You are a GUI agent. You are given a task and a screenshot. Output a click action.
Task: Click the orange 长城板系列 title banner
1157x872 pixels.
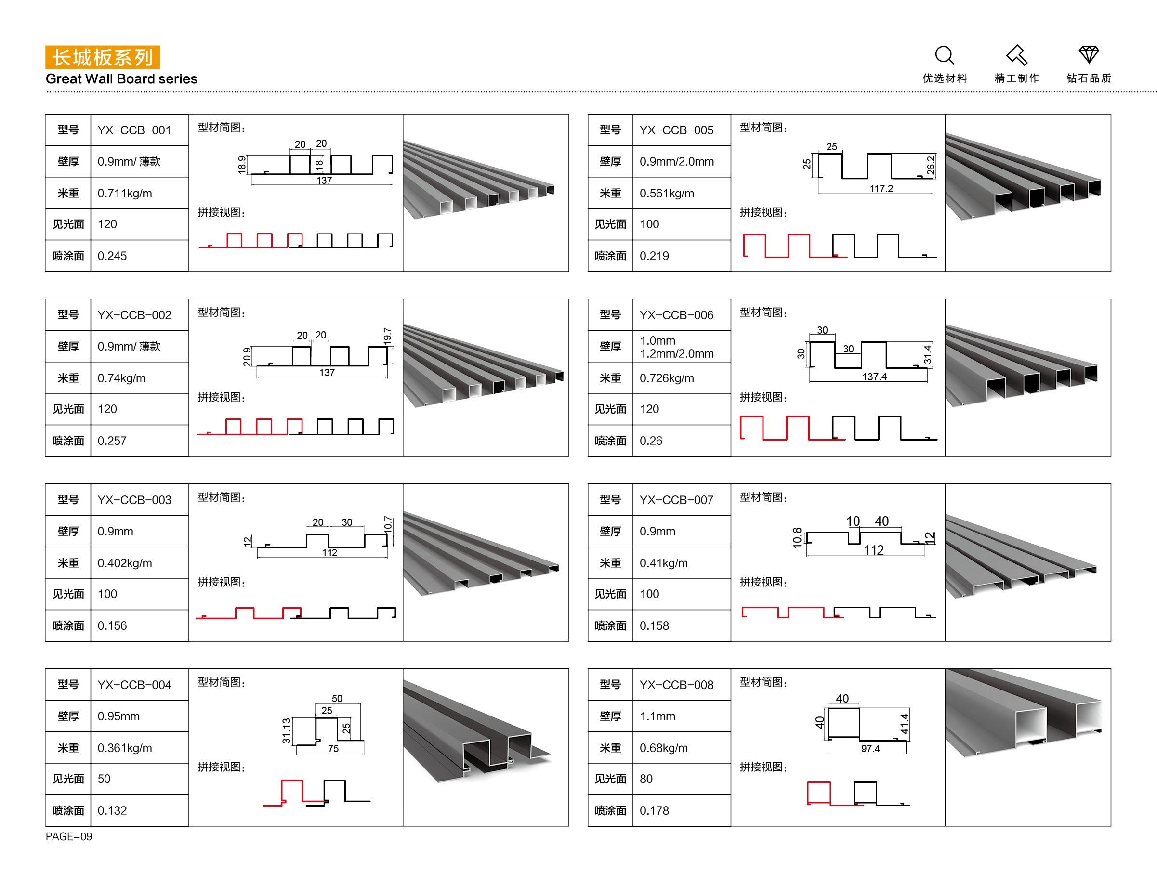[103, 57]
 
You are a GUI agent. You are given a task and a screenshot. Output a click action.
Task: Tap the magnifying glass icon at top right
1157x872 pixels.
[944, 55]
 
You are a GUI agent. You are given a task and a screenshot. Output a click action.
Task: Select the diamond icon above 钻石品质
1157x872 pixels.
[1089, 54]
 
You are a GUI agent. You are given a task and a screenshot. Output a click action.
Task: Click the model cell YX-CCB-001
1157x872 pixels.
[134, 130]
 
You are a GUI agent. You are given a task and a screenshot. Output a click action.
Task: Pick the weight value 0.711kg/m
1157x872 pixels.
[125, 194]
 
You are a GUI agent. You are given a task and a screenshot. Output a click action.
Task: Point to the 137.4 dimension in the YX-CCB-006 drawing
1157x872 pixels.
[875, 377]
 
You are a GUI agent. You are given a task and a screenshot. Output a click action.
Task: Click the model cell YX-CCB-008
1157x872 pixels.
[676, 685]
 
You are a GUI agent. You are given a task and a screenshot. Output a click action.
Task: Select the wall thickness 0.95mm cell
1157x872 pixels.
[118, 716]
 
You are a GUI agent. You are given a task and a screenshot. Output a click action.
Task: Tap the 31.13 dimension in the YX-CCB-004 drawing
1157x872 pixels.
[286, 730]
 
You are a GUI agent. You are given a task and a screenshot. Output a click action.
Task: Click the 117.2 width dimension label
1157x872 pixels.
[881, 189]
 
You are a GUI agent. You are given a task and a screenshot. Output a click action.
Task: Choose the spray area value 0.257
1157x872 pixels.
[112, 441]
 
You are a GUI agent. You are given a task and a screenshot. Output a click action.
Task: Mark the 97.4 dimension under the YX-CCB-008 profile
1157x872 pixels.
[870, 749]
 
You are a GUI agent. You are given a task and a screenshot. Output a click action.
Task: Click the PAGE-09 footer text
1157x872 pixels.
[69, 836]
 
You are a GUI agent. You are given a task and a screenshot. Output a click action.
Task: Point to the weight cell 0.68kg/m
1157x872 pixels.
[664, 748]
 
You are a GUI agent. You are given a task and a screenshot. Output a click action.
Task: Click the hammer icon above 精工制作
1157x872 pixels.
[1016, 55]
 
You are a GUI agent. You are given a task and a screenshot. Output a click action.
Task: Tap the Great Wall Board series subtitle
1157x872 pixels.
[121, 79]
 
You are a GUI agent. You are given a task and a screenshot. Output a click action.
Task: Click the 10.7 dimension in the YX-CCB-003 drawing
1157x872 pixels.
[388, 525]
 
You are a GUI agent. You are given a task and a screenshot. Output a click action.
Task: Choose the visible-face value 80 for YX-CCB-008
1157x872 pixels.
[646, 779]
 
